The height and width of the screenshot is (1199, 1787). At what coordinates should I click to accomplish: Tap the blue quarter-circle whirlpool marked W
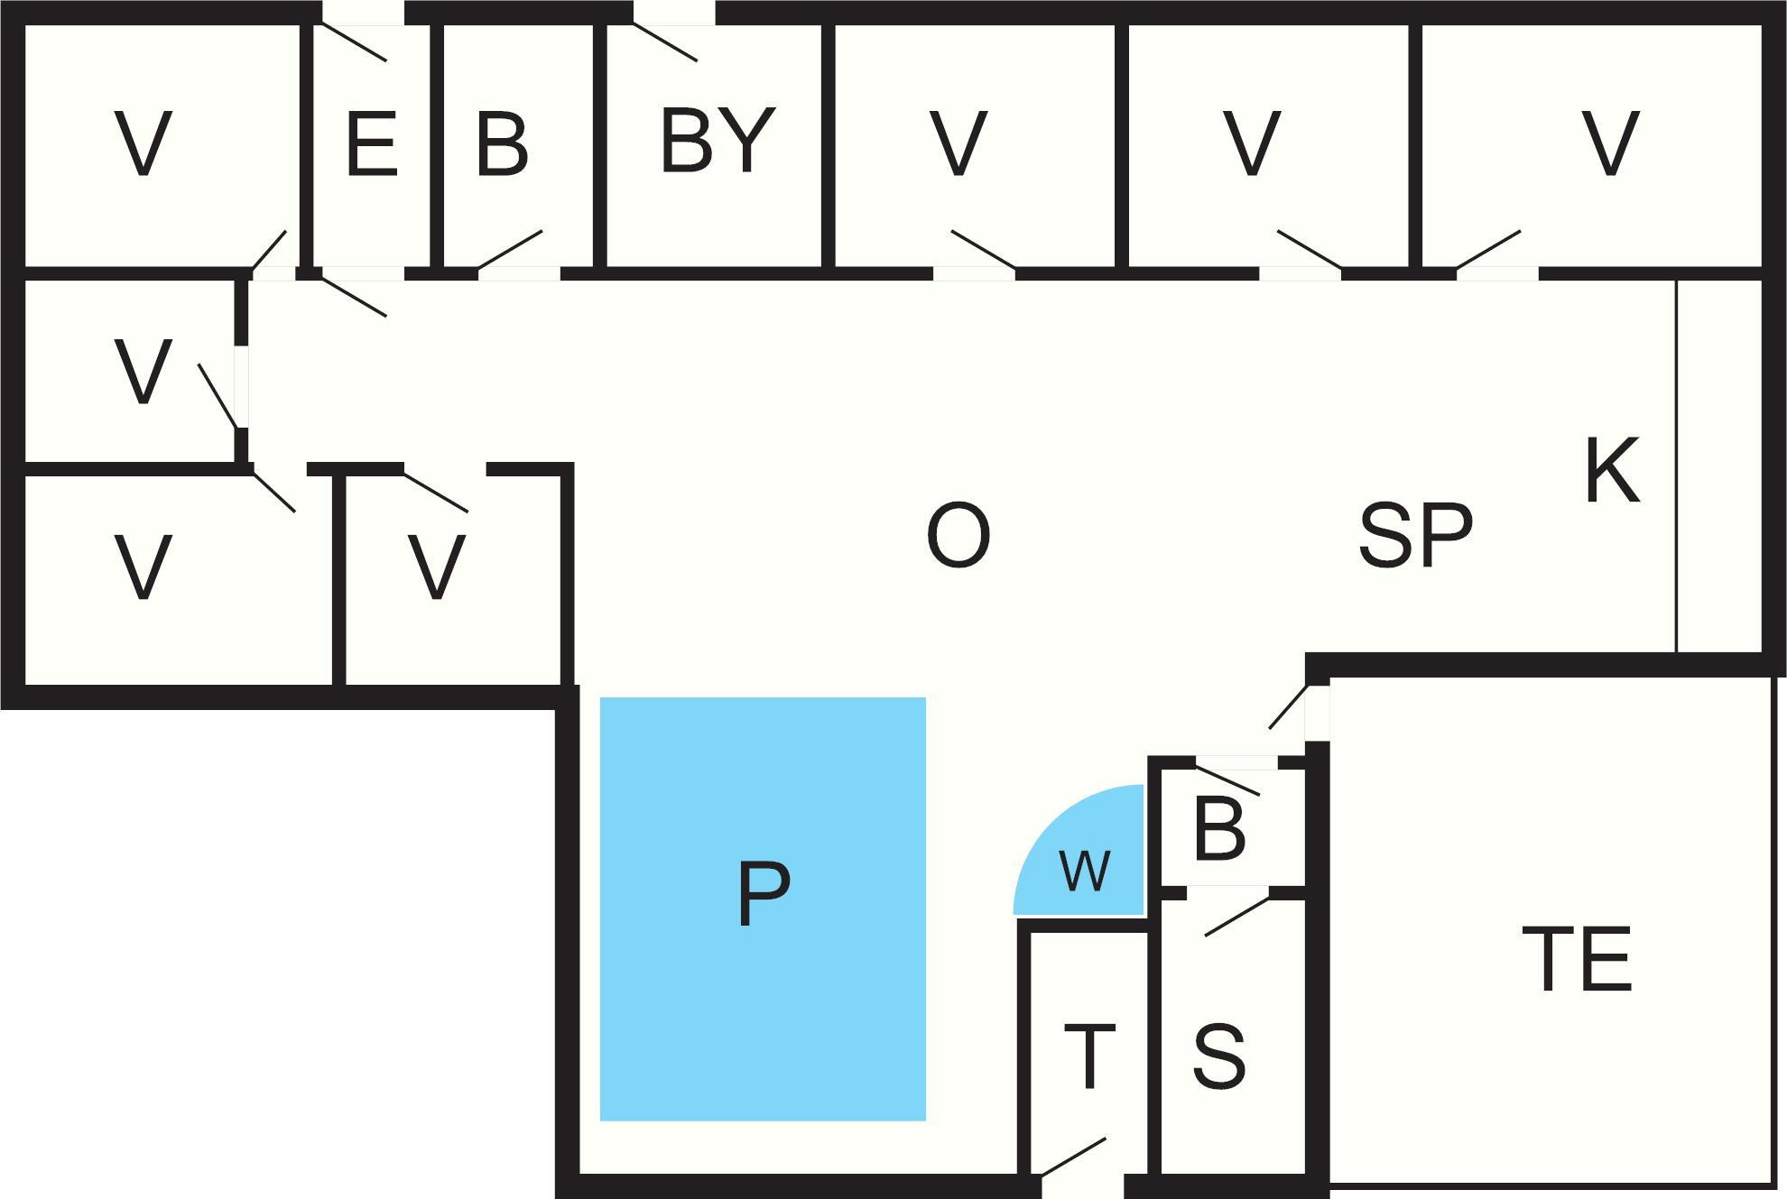coord(1079,850)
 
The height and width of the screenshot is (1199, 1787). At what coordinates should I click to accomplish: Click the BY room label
coord(718,139)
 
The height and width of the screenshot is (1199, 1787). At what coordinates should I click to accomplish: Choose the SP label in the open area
coord(1415,535)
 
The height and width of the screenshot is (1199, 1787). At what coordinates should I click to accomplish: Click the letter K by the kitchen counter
coord(1612,470)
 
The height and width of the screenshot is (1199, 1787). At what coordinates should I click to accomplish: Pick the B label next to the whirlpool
coord(1218,827)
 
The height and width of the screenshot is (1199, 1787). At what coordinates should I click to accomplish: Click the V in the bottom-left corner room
coord(144,567)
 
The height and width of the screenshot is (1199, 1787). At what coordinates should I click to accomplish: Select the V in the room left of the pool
coord(437,567)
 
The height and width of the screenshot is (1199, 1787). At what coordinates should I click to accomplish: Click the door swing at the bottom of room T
coord(1074,1157)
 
